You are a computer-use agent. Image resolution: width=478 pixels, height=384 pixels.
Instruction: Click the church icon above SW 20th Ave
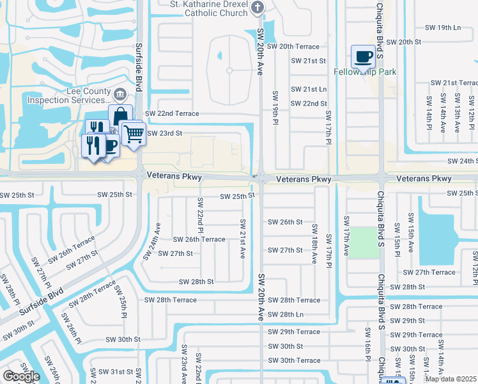258,8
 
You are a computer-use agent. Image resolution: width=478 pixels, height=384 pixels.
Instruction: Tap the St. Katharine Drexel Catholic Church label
200,8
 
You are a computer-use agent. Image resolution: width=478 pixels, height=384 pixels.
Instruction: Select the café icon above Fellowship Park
362,56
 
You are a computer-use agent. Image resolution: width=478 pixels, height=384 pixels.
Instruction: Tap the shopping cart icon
133,134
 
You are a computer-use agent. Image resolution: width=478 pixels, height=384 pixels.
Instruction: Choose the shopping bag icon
120,116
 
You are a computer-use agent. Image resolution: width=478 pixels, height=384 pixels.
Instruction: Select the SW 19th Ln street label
442,28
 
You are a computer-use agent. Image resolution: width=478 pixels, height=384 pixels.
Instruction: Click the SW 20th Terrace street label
293,47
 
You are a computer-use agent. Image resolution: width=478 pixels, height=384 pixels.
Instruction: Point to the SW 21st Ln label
309,90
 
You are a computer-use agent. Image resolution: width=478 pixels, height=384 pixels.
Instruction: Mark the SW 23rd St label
165,133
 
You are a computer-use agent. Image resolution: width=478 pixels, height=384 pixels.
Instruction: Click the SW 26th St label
284,222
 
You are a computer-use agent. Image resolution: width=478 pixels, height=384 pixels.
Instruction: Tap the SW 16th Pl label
368,345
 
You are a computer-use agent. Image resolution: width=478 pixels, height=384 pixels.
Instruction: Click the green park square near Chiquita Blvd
364,243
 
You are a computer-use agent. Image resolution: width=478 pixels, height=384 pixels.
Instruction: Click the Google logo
21,376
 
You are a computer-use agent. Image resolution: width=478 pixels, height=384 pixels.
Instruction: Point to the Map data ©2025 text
451,379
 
